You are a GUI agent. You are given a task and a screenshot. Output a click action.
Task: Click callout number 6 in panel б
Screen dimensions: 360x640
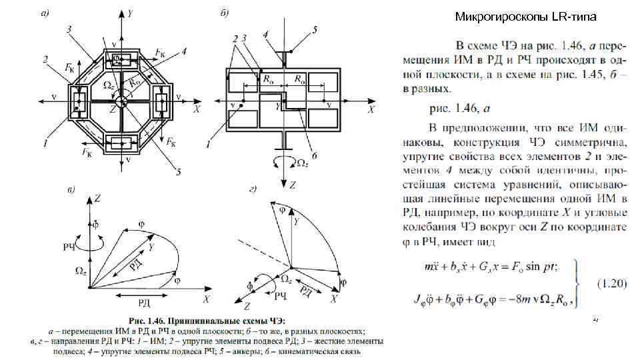[314, 154]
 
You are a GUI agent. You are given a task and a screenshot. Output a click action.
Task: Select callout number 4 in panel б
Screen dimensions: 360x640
[265, 33]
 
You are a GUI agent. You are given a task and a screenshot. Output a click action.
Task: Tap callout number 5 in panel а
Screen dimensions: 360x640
[179, 172]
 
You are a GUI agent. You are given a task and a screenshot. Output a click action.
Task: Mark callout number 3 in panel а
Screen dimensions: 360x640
[69, 29]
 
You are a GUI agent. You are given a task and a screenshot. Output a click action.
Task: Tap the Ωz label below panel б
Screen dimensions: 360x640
[301, 163]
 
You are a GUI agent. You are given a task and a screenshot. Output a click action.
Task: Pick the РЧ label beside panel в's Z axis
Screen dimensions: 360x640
[68, 247]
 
